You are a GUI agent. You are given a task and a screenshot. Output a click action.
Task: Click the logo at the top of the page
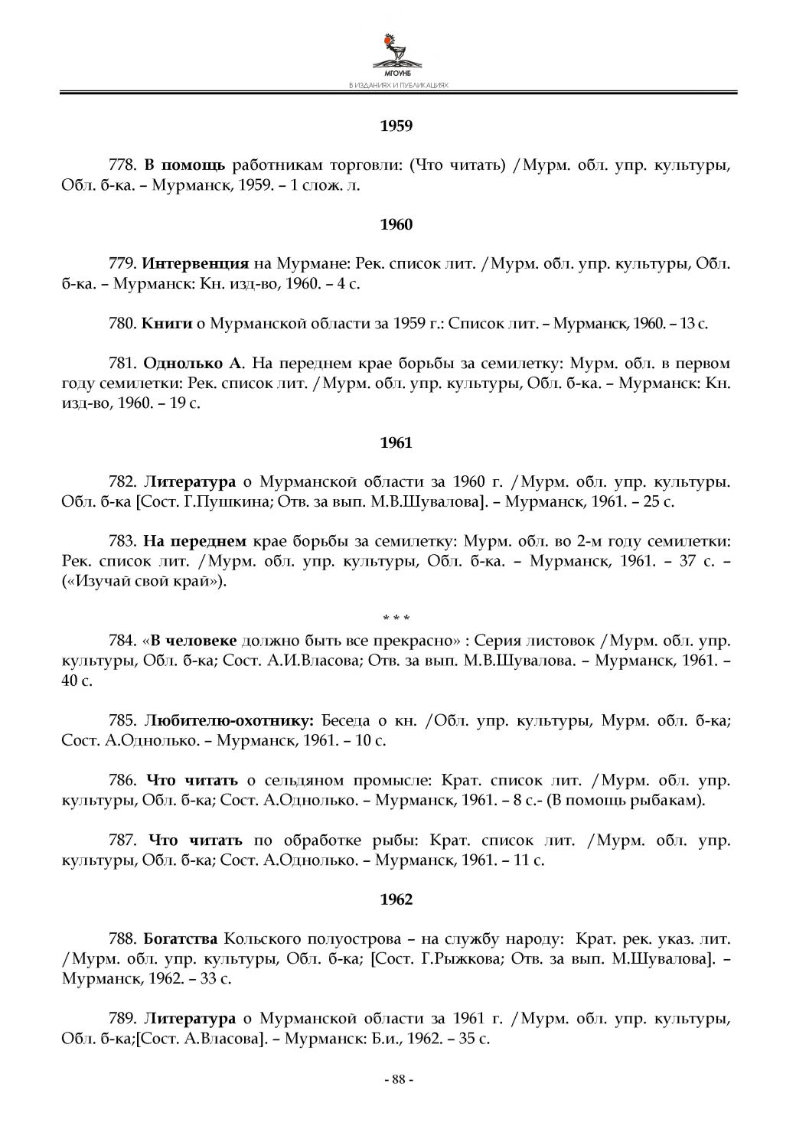(x=397, y=53)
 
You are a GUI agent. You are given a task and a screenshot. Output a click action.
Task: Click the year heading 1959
(x=396, y=125)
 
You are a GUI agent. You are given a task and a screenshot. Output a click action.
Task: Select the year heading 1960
(x=396, y=224)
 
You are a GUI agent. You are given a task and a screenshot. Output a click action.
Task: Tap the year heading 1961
(x=396, y=442)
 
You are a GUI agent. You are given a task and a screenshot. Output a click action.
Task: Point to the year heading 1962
(x=396, y=899)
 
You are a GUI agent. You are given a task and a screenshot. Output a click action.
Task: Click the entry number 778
(x=122, y=165)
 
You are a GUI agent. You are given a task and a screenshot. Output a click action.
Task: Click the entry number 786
(x=122, y=781)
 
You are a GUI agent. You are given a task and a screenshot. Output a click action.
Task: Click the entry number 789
(x=122, y=1019)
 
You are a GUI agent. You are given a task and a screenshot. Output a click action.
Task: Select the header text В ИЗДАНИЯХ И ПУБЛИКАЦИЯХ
(x=397, y=86)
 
